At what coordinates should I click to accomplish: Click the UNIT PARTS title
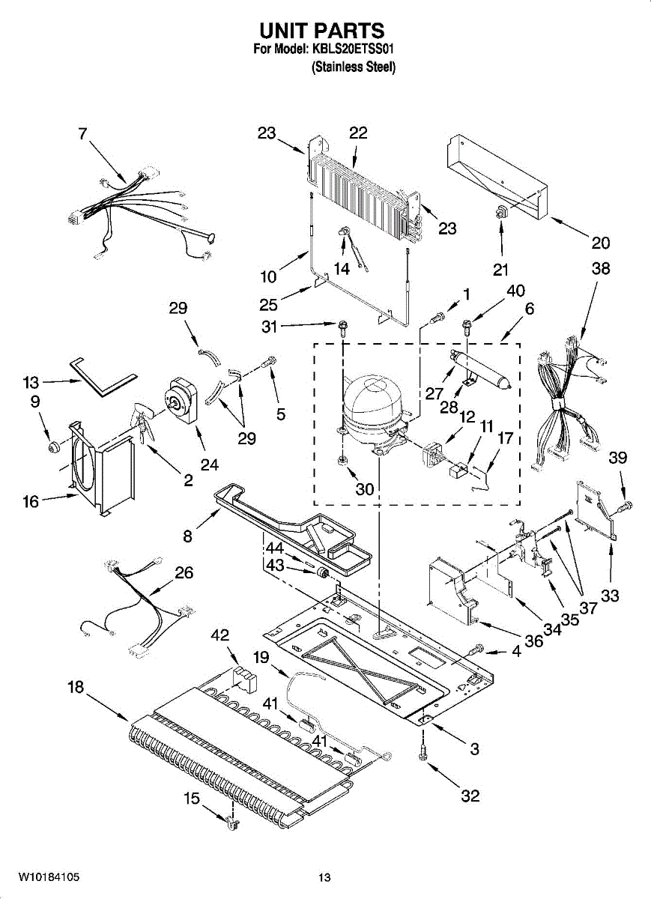click(321, 31)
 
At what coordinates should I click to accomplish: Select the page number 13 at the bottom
click(324, 877)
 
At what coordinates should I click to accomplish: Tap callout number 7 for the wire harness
click(82, 134)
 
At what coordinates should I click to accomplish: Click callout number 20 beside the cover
click(600, 243)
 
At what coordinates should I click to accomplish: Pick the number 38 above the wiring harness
click(600, 269)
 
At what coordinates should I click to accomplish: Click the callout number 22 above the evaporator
click(358, 133)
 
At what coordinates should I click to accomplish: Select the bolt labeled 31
click(342, 325)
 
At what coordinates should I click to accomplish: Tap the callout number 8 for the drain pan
click(187, 536)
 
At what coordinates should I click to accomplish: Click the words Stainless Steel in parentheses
click(354, 67)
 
